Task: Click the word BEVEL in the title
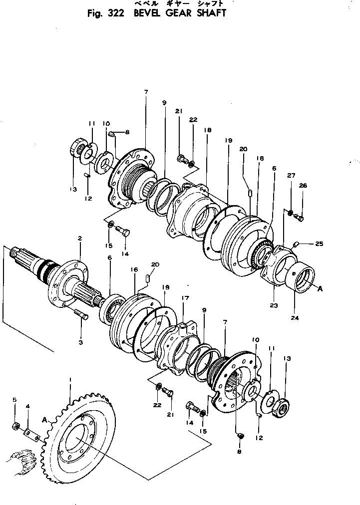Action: click(148, 13)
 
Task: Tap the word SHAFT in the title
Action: click(209, 13)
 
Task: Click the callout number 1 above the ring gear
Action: click(70, 380)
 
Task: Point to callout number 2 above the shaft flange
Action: click(79, 239)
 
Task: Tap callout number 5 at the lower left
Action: click(14, 400)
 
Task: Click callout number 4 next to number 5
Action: click(27, 407)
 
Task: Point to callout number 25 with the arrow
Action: click(319, 244)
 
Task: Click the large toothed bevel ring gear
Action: click(82, 439)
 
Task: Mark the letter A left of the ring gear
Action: click(46, 421)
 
